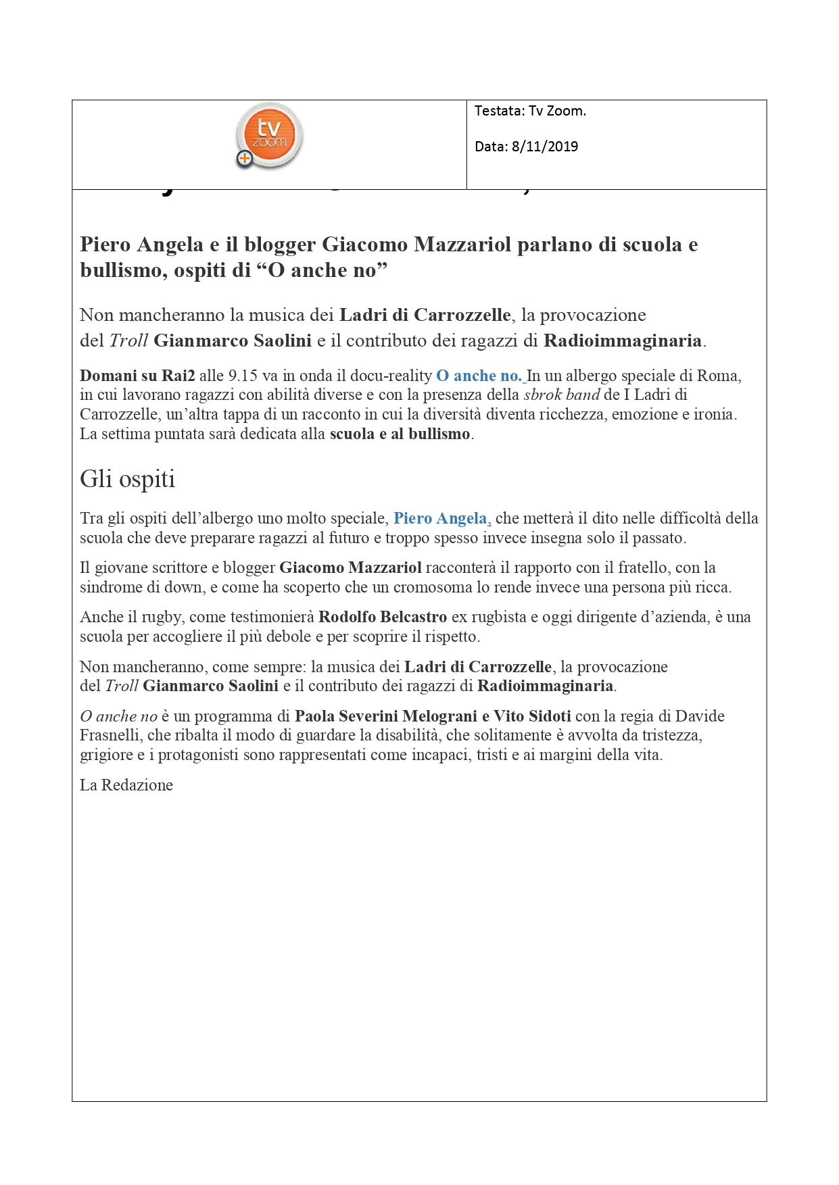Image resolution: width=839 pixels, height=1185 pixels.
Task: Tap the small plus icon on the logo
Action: click(244, 159)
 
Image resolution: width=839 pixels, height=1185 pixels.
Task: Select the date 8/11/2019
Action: click(544, 147)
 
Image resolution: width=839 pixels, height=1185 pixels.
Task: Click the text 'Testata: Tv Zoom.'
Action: click(530, 111)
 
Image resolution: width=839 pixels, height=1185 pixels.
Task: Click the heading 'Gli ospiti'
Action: click(127, 478)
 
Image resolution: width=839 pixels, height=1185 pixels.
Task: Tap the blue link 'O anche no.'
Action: click(479, 376)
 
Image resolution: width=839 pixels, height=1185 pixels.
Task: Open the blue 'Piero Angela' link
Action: click(441, 518)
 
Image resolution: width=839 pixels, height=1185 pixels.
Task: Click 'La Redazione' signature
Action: click(126, 785)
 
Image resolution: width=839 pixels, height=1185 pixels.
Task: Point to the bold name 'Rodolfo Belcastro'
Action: click(383, 617)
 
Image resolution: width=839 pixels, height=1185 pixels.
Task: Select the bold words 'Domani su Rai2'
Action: click(137, 376)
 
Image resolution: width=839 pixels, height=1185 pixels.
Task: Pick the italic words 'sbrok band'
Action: click(562, 395)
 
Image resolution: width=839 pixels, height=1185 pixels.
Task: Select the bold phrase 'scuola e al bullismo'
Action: click(400, 434)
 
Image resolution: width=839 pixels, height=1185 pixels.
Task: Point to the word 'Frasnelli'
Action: click(111, 735)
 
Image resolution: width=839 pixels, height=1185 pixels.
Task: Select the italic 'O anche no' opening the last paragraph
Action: click(118, 716)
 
